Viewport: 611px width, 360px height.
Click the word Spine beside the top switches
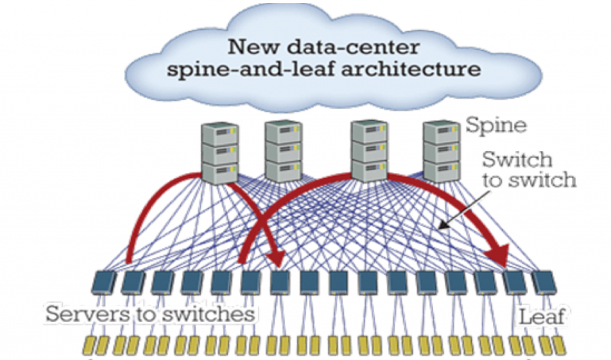(496, 125)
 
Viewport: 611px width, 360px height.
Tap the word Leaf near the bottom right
(542, 316)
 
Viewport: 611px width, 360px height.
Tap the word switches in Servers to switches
(208, 314)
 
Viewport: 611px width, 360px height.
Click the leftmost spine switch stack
(220, 153)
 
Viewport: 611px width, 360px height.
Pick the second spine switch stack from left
(283, 151)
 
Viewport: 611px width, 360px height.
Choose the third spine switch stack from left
(369, 151)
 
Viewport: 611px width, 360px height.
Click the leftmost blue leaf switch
(104, 282)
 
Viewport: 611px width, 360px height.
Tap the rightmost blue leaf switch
(544, 282)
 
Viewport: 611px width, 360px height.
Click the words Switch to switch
(529, 170)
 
